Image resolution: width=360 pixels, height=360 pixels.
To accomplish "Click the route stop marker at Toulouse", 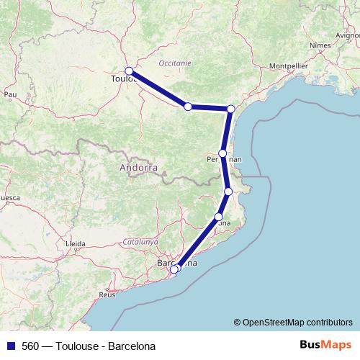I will [x=129, y=71].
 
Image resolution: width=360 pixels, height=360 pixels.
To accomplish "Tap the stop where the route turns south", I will [x=231, y=109].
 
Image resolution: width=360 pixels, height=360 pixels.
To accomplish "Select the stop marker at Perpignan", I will [x=223, y=153].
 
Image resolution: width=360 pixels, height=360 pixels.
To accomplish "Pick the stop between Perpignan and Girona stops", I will [x=228, y=192].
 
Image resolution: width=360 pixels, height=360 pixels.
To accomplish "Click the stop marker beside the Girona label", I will [x=219, y=217].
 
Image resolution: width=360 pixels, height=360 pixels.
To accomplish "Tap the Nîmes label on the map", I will [x=320, y=45].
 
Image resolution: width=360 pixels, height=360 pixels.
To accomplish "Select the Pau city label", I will [x=10, y=94].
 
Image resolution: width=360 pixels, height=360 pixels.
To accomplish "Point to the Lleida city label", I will [x=75, y=245].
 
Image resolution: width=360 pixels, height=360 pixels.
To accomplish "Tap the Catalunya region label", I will [x=140, y=243].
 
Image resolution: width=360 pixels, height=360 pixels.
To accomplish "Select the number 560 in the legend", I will [x=30, y=346].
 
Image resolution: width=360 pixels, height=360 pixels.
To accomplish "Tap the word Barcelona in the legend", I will [x=132, y=346].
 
